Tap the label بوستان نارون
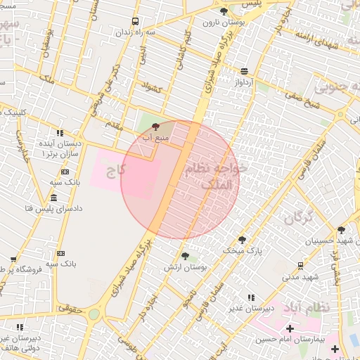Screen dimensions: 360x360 (222, 22)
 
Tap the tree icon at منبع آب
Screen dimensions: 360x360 (155, 126)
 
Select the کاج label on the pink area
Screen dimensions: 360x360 (116, 171)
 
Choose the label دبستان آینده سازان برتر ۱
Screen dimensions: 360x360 (62, 148)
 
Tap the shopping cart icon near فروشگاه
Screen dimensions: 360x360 (13, 259)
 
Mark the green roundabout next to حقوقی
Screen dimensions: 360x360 (94, 314)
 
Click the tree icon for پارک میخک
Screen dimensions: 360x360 (243, 240)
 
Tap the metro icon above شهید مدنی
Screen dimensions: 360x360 (301, 266)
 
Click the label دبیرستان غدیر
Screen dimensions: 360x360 (250, 309)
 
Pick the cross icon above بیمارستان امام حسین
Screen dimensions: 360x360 (290, 328)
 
